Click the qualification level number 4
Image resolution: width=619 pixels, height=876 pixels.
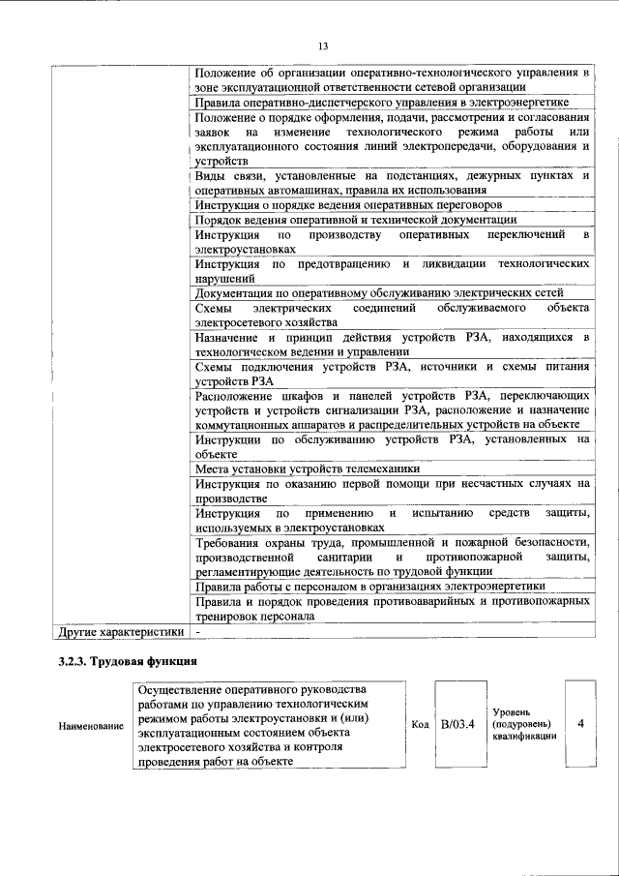tap(579, 723)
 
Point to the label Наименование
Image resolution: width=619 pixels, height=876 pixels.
tap(91, 726)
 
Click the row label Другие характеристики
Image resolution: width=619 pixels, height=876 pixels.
tap(120, 632)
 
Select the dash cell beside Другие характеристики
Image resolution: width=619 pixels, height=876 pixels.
tap(198, 632)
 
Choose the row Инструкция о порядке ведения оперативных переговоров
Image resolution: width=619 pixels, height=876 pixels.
tap(348, 205)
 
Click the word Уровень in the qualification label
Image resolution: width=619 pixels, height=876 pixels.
tap(511, 710)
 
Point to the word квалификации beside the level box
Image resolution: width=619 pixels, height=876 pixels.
tap(523, 737)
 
